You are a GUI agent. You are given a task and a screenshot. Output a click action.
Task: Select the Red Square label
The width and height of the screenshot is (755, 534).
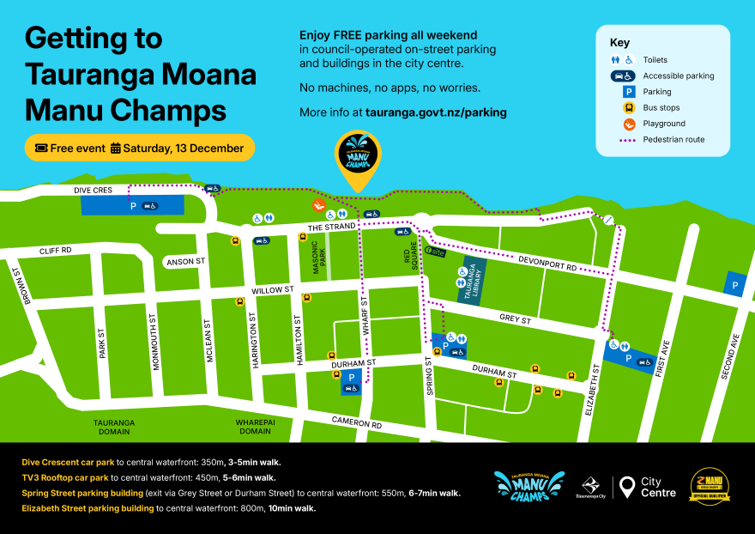click(x=413, y=254)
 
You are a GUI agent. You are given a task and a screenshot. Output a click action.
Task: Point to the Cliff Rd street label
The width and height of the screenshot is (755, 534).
click(x=55, y=251)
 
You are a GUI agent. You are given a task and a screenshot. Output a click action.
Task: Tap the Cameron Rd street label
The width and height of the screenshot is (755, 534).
click(x=357, y=424)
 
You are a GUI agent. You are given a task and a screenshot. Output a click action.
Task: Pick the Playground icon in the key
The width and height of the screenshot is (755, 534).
click(x=628, y=124)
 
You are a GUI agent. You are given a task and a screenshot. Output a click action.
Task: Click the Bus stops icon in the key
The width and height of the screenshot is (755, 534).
click(x=628, y=108)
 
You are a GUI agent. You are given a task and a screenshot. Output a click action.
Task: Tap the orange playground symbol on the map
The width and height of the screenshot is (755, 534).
click(x=317, y=206)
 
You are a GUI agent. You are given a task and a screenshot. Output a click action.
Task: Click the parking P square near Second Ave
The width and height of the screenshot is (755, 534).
click(x=734, y=284)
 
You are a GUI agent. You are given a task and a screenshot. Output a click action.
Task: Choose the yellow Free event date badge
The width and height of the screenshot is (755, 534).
click(x=140, y=148)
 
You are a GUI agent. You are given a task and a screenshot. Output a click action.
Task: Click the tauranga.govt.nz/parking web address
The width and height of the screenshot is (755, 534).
click(x=435, y=112)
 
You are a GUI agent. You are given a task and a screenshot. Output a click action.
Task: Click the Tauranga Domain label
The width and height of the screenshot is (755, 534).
click(x=114, y=428)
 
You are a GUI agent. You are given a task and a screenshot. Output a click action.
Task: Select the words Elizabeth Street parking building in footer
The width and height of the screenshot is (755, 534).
click(x=88, y=508)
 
